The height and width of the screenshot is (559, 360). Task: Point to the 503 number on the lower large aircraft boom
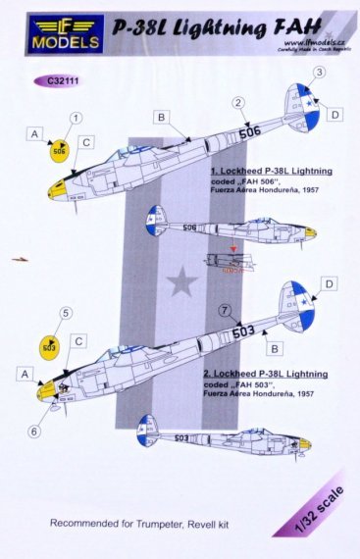click(244, 331)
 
